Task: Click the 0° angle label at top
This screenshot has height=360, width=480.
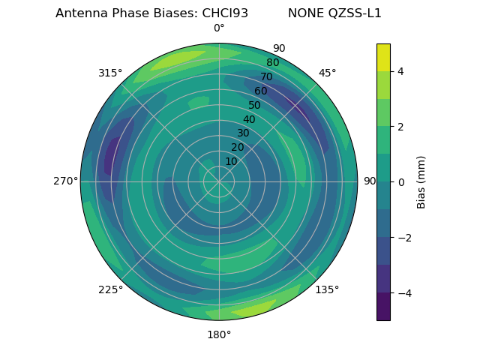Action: click(219, 28)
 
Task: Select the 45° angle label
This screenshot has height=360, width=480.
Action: click(327, 73)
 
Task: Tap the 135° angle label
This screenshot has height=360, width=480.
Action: click(327, 289)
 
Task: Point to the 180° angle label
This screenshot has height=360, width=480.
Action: click(219, 334)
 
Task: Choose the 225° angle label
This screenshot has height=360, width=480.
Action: click(110, 289)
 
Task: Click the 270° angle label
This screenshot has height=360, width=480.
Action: click(65, 181)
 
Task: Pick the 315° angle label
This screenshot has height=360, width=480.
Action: click(110, 73)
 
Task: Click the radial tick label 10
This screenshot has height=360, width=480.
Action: click(231, 161)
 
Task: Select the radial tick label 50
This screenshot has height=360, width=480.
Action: click(254, 105)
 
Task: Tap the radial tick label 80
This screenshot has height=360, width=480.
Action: click(273, 63)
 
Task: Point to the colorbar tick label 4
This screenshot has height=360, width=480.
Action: click(401, 71)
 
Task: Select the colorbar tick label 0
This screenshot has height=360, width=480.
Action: click(401, 182)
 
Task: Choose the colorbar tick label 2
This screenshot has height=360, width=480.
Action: click(401, 127)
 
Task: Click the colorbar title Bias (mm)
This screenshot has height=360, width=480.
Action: click(421, 182)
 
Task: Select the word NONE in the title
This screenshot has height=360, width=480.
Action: click(304, 13)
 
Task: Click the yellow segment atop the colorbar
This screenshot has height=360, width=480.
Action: click(383, 57)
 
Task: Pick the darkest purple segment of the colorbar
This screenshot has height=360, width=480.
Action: click(383, 307)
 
